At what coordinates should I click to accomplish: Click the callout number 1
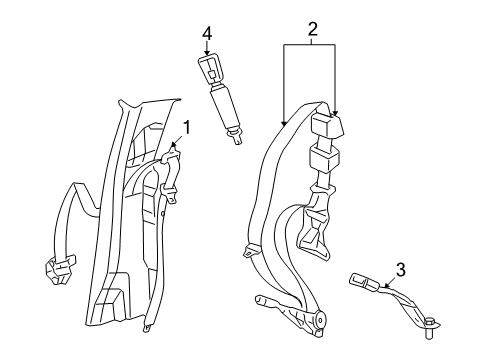[186, 129]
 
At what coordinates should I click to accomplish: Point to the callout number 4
[207, 35]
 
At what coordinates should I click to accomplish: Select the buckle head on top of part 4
[210, 70]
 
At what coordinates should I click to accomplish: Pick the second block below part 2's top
[325, 159]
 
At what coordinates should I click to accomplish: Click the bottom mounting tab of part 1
[145, 326]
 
